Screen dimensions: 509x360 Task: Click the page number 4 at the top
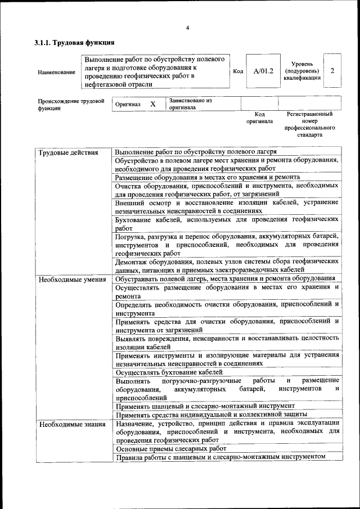click(x=187, y=28)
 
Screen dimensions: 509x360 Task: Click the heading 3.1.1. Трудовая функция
click(x=75, y=42)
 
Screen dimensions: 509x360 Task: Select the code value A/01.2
click(x=263, y=71)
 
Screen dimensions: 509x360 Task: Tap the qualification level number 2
click(x=333, y=71)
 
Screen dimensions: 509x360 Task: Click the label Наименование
click(x=56, y=72)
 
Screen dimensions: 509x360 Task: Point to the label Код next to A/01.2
click(x=238, y=71)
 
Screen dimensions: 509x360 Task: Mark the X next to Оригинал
click(x=152, y=104)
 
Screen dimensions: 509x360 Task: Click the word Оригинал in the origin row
click(x=128, y=105)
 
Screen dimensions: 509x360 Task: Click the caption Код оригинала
click(x=259, y=117)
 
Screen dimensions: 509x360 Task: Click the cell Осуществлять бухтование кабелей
click(x=169, y=372)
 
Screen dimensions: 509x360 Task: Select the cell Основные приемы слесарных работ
click(x=170, y=449)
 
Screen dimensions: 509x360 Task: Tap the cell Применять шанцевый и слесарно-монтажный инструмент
click(x=205, y=406)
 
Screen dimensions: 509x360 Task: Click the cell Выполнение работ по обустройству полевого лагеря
click(x=195, y=152)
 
